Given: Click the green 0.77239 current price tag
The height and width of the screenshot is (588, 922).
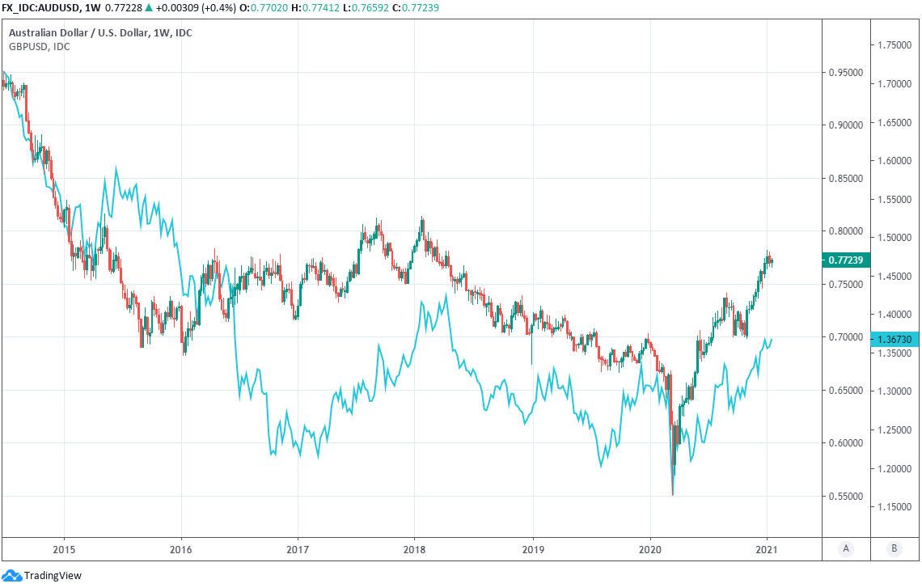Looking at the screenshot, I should pyautogui.click(x=845, y=260).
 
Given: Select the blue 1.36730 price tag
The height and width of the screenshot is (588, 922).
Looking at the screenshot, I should pyautogui.click(x=894, y=341).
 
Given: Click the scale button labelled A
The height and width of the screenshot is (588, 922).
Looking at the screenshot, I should pyautogui.click(x=846, y=548).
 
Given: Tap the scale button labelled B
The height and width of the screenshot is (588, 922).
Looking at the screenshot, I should pyautogui.click(x=894, y=548).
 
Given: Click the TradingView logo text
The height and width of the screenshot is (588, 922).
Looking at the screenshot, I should pyautogui.click(x=53, y=576).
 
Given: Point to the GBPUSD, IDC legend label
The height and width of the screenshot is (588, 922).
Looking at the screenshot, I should pyautogui.click(x=39, y=46).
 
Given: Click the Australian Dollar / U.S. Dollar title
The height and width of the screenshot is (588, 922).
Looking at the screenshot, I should pyautogui.click(x=100, y=33).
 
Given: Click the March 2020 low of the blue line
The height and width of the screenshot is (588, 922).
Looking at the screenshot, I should pyautogui.click(x=673, y=494).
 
